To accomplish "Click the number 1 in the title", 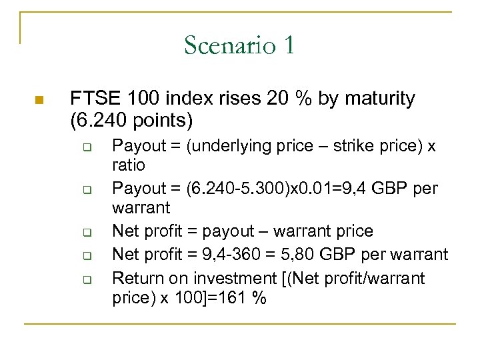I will point(289,45).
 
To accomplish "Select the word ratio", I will point(129,164).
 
